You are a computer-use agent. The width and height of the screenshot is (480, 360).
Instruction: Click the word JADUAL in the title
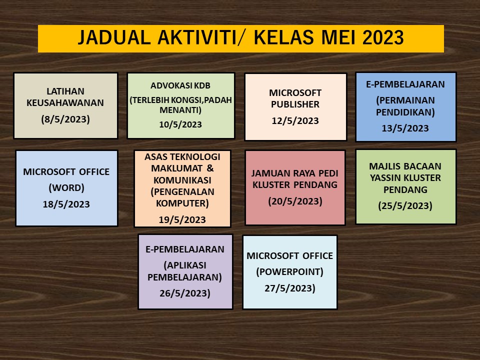114,37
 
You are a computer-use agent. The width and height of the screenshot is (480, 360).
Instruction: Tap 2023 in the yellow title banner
383,37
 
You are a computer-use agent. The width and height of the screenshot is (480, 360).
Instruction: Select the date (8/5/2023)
65,119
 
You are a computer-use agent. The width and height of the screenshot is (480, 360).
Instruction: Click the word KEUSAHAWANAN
65,103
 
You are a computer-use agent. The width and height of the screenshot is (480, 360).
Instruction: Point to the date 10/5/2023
180,124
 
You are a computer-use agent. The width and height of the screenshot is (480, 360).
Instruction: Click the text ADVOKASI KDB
180,85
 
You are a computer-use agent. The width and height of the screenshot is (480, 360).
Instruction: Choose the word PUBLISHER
295,104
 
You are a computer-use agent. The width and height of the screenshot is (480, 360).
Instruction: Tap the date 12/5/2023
295,121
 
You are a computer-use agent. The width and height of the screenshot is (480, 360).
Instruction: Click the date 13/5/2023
405,128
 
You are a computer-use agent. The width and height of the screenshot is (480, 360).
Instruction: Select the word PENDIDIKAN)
405,112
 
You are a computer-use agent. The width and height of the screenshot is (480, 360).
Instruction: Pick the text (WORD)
66,187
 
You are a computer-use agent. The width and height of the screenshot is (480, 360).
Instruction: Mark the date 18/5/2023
66,204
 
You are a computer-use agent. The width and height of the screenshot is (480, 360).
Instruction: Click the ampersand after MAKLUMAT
210,168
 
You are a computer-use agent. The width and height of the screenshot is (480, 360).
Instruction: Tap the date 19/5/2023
182,220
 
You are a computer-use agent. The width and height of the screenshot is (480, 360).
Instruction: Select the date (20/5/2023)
295,201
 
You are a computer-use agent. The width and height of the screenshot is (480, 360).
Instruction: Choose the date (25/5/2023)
405,205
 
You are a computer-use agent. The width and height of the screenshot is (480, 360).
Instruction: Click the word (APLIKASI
185,265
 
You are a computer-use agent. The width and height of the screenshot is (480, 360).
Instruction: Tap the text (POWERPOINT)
290,272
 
